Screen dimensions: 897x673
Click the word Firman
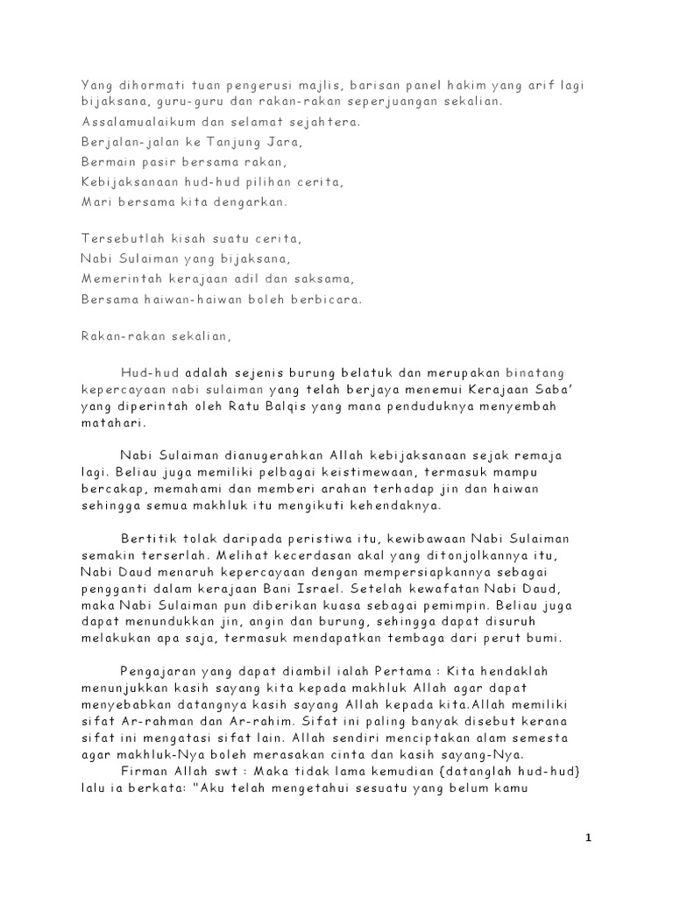pyautogui.click(x=143, y=773)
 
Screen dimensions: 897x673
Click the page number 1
pyautogui.click(x=589, y=838)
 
